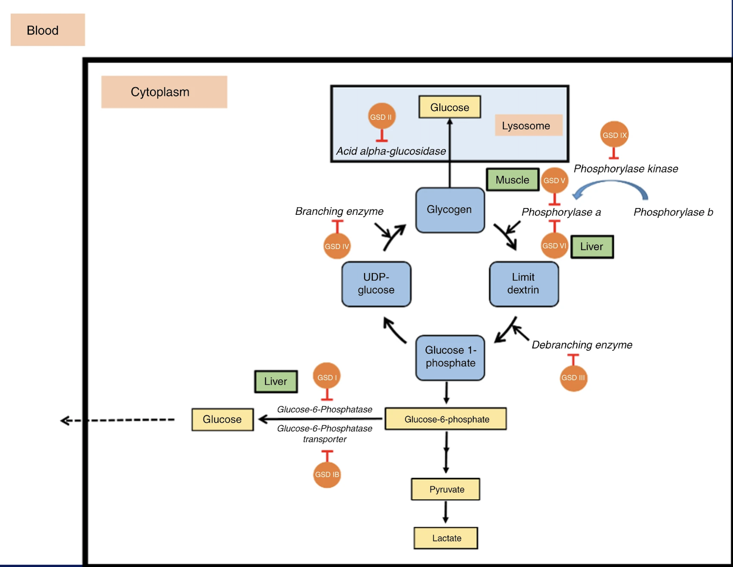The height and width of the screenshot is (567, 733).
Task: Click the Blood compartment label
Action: [48, 30]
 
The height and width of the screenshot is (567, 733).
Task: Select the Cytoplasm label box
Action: [164, 92]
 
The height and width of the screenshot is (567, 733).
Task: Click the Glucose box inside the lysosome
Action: [450, 107]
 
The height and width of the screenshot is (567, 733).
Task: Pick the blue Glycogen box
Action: [450, 210]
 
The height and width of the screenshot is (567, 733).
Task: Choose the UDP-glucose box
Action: [376, 284]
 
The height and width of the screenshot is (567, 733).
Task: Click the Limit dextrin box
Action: [524, 284]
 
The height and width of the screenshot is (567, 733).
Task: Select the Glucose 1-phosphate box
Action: [450, 357]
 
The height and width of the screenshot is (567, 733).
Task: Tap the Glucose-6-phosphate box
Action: [446, 419]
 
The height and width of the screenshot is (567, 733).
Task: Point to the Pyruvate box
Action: [446, 489]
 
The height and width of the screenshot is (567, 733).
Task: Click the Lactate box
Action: [446, 538]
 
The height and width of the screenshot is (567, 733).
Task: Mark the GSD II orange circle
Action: [382, 117]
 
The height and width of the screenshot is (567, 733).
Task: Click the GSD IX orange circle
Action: [614, 135]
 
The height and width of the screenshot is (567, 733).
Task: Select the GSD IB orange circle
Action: [327, 474]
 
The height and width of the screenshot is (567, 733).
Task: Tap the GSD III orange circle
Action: [573, 378]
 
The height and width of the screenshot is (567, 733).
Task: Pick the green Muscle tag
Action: [512, 180]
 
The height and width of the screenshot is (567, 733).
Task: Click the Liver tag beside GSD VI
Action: [592, 247]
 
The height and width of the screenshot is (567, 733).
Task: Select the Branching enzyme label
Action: [339, 211]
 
